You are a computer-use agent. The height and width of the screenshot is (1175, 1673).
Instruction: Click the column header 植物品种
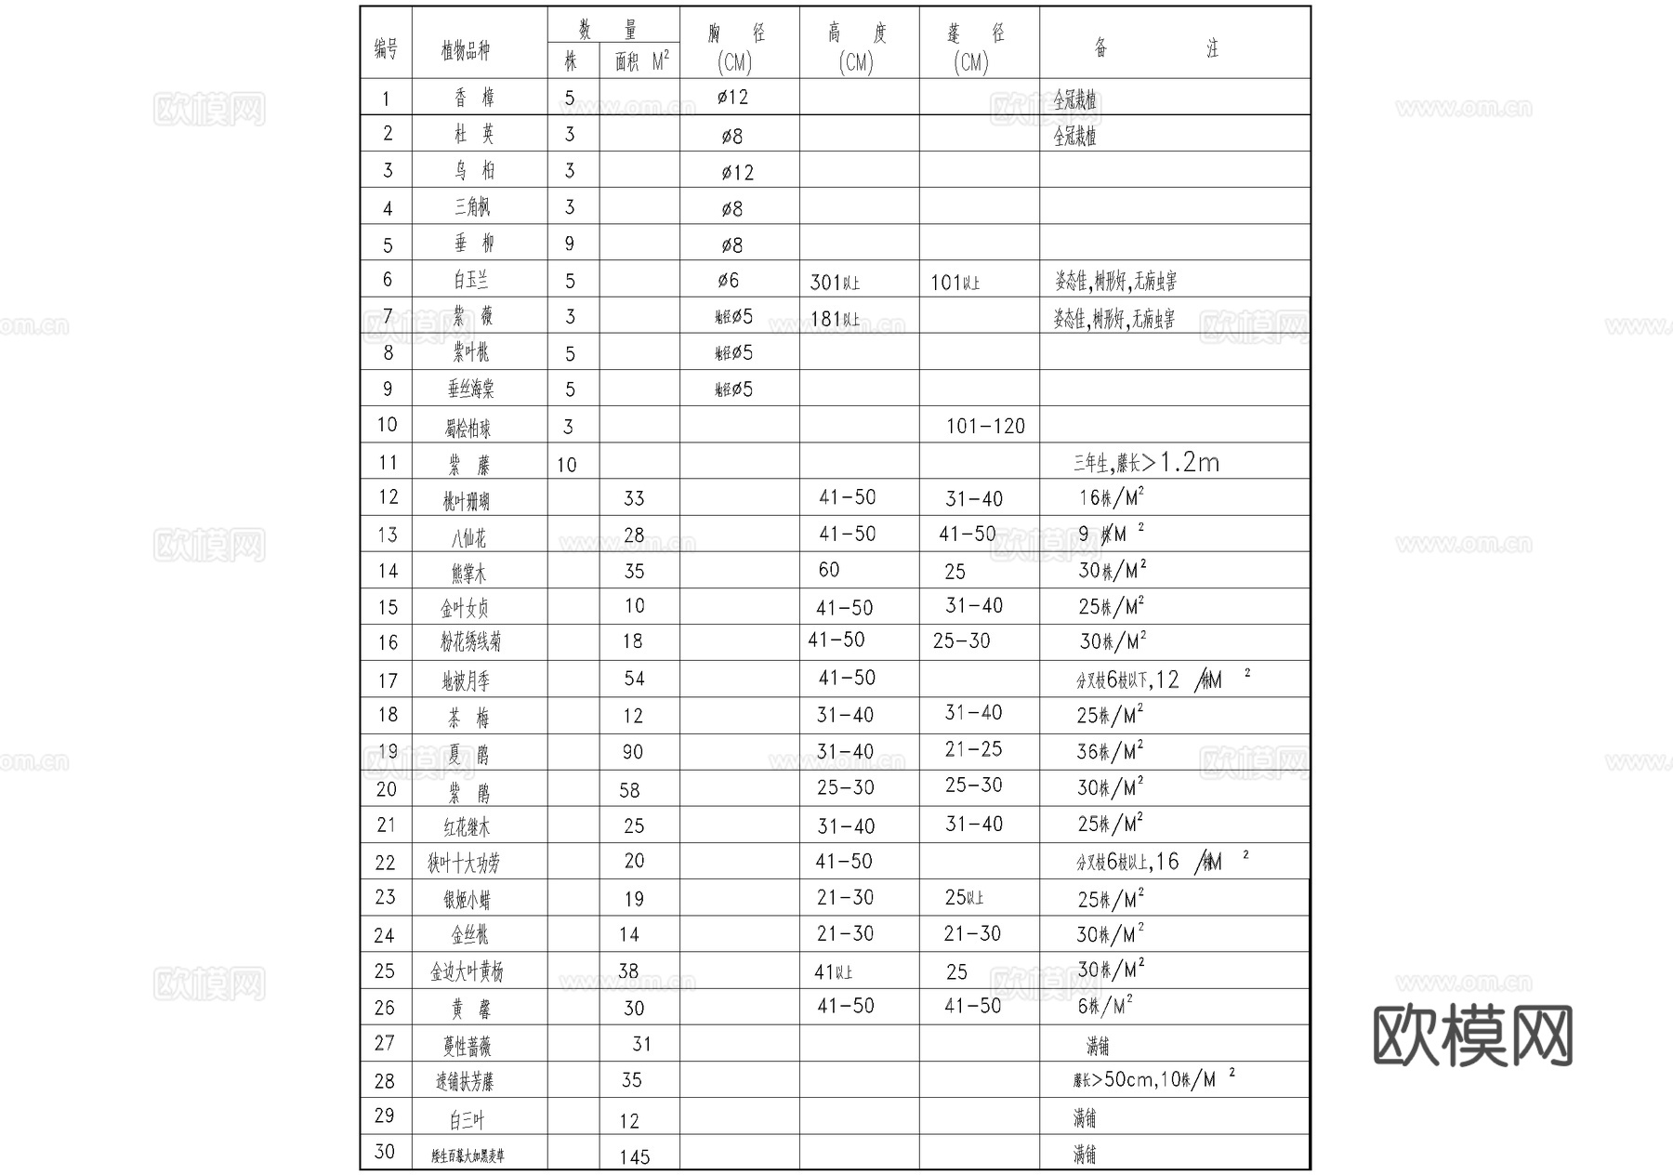(x=465, y=50)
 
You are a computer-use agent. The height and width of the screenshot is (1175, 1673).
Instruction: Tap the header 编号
(x=386, y=48)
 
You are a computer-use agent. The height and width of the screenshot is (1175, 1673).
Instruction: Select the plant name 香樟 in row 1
(x=474, y=98)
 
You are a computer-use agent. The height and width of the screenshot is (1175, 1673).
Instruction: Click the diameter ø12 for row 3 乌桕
(x=737, y=172)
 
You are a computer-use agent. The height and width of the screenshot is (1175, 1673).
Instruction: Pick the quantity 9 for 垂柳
(x=570, y=244)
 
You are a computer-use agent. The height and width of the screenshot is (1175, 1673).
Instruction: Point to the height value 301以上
(x=835, y=282)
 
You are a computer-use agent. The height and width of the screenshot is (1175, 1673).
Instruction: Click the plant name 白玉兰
(x=471, y=280)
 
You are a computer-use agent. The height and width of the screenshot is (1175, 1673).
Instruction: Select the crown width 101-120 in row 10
(x=985, y=426)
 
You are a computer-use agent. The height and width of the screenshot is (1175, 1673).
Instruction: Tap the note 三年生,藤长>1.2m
(x=1146, y=462)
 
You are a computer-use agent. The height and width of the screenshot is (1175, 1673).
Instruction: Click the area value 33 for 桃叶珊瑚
(x=634, y=498)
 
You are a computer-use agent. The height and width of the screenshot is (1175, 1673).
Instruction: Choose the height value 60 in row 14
(x=829, y=570)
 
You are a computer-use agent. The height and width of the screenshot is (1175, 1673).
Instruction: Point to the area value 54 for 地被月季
(x=634, y=679)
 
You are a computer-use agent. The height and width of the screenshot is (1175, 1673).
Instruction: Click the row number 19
(x=388, y=751)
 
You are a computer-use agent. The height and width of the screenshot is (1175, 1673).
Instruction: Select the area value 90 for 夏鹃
(x=632, y=752)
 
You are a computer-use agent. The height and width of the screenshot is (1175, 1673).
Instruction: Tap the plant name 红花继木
(x=466, y=826)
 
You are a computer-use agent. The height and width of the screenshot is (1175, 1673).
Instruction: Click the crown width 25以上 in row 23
(x=964, y=897)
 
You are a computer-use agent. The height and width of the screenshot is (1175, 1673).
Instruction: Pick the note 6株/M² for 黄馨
(x=1105, y=1006)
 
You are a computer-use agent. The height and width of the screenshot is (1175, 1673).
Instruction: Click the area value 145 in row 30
(x=635, y=1156)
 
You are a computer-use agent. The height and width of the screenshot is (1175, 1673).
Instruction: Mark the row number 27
(x=385, y=1043)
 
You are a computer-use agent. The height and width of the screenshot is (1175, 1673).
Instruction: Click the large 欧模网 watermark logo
(x=1472, y=1036)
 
